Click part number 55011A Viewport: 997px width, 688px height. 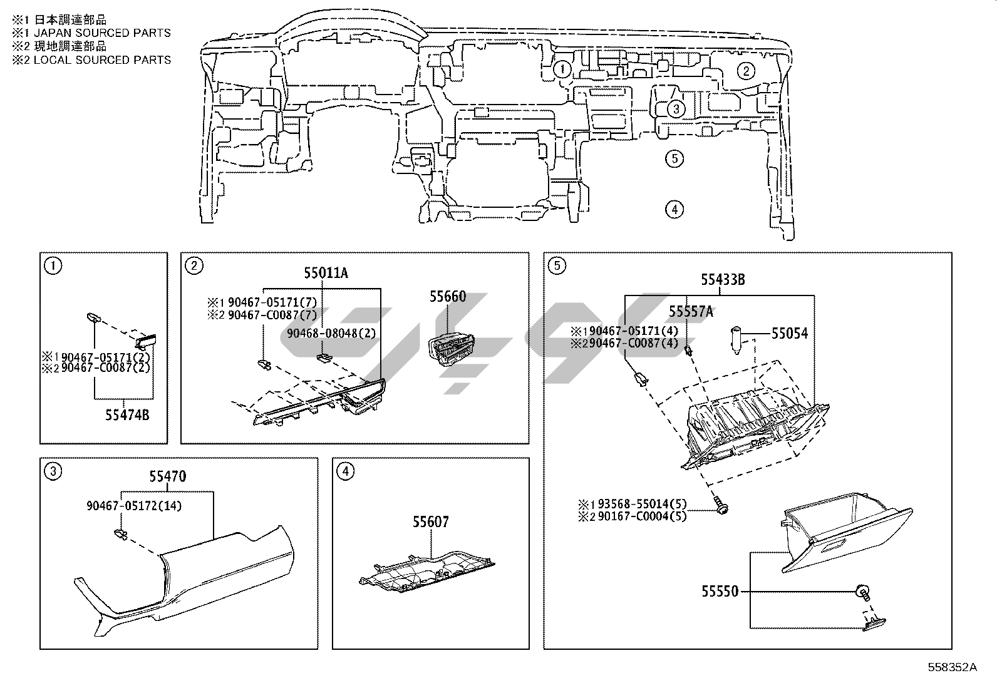(326, 273)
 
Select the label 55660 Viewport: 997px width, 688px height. (447, 296)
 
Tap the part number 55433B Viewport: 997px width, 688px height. (723, 279)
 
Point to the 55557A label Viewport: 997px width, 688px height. (691, 312)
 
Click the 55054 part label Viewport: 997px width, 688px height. (789, 333)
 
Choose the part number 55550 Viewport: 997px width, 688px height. (720, 592)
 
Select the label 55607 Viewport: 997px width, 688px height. (430, 521)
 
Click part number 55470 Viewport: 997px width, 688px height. (167, 476)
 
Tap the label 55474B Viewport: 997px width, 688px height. (127, 415)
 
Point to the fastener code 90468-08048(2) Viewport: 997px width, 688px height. (331, 333)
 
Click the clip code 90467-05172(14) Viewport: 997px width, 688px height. (134, 506)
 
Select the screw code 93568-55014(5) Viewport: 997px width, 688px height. (642, 504)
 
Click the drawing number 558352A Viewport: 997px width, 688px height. (952, 667)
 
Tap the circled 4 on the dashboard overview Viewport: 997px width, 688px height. (674, 209)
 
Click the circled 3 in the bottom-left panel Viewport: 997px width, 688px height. (53, 471)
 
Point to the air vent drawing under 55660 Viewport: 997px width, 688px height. (452, 350)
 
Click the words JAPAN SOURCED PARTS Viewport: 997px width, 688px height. (102, 33)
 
